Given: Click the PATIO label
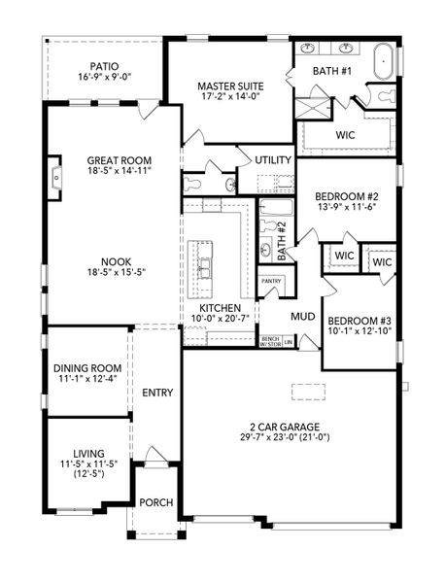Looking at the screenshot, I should tap(97, 65).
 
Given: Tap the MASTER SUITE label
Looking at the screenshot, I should tap(230, 85).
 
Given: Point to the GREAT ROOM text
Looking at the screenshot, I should tap(120, 161).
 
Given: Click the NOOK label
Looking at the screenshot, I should tap(120, 260).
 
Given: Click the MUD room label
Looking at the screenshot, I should tap(302, 316).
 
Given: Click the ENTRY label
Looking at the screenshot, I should tap(157, 393).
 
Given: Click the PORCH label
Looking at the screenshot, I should tap(155, 502).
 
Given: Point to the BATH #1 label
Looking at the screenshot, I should tap(332, 71).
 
